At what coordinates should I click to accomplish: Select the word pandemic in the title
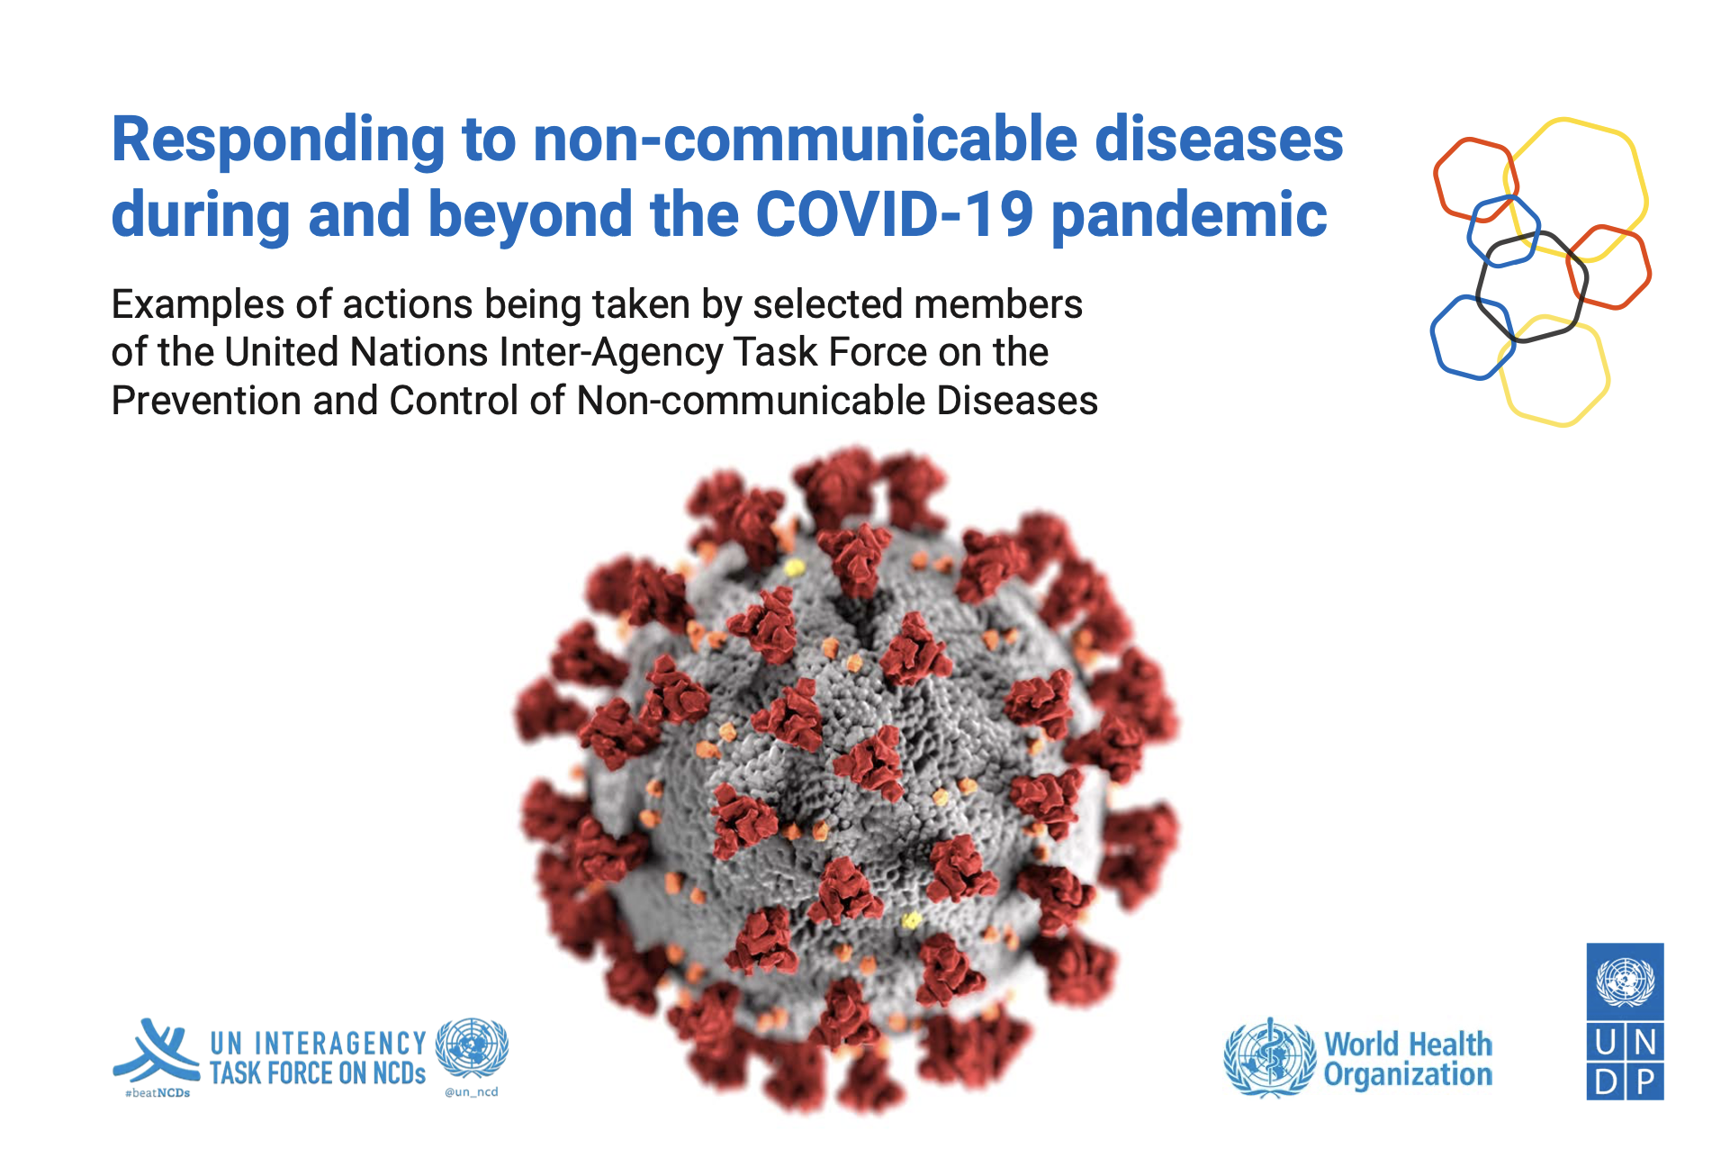click(x=1189, y=216)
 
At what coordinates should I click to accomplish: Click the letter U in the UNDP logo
click(x=1605, y=1043)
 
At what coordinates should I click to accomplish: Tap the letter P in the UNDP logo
click(x=1645, y=1081)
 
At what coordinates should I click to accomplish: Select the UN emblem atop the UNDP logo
click(x=1625, y=982)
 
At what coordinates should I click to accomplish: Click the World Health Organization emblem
click(x=1269, y=1058)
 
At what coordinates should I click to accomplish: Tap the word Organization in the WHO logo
click(x=1408, y=1075)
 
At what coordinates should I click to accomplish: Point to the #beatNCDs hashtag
click(x=158, y=1093)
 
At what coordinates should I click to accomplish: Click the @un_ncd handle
click(x=471, y=1092)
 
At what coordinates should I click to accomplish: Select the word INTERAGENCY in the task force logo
click(x=340, y=1044)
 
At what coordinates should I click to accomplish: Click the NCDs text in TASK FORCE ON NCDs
click(x=400, y=1073)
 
